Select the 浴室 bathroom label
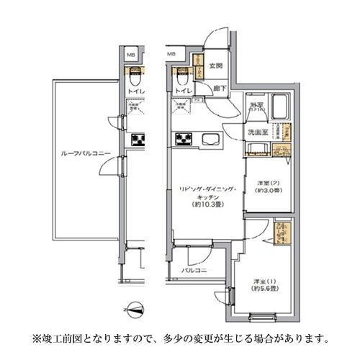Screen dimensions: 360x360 coord(257,106)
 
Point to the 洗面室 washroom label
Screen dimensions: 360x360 coord(258,133)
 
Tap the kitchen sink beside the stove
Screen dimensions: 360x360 coord(212,139)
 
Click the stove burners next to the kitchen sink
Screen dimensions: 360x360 coord(184,138)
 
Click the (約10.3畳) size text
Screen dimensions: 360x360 coord(205,203)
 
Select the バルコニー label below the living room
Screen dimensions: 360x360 coord(194,270)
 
